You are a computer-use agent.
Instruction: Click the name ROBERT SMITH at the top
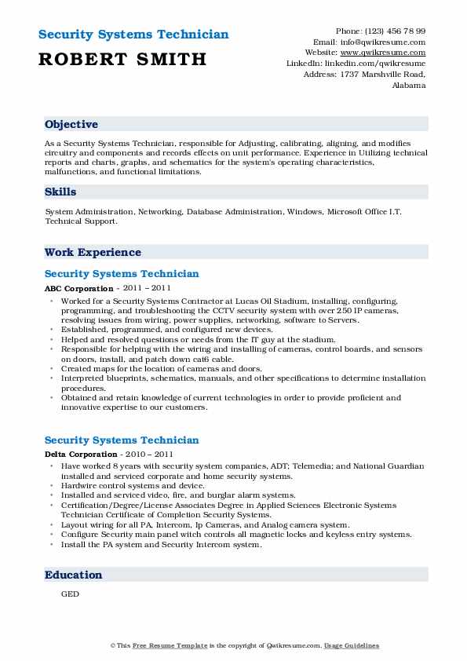click(x=122, y=59)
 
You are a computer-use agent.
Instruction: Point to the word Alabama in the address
click(x=408, y=85)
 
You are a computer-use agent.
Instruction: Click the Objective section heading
click(x=71, y=124)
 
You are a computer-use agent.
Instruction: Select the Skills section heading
click(x=60, y=192)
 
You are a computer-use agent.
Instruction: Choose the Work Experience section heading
click(x=93, y=252)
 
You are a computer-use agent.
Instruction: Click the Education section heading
click(x=73, y=575)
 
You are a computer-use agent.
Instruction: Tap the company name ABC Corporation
click(x=78, y=289)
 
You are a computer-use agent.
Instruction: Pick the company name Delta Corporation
click(x=81, y=455)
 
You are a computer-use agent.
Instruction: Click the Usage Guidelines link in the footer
click(x=352, y=645)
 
